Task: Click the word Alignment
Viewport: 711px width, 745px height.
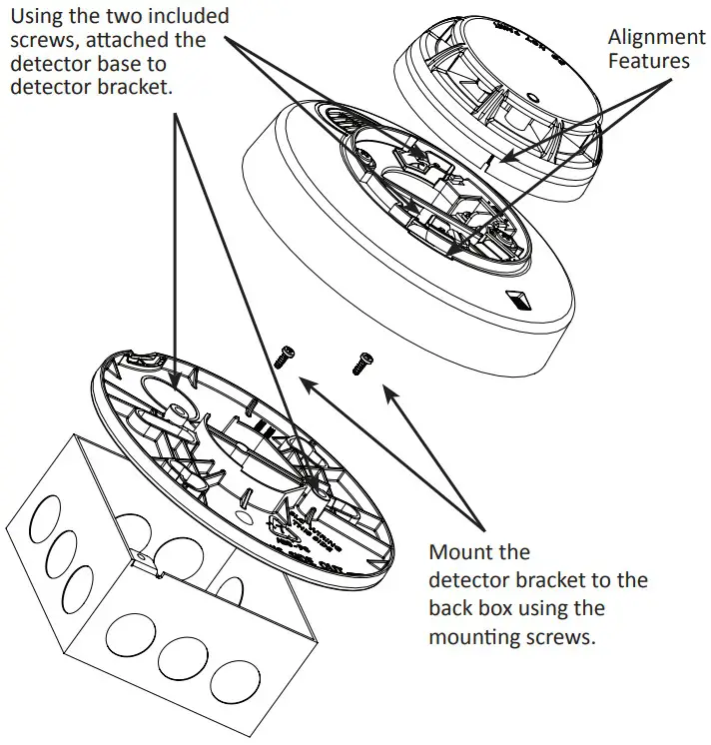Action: (x=656, y=37)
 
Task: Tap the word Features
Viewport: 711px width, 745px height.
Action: (x=650, y=61)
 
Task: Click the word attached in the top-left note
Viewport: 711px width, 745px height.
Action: (x=161, y=40)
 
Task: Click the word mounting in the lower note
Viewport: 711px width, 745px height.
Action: (x=475, y=636)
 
